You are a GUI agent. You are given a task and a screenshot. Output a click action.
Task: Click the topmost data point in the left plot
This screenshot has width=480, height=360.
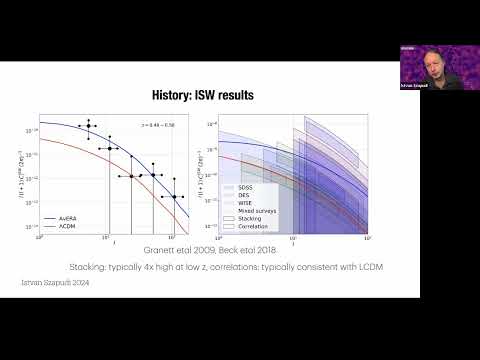88,122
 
